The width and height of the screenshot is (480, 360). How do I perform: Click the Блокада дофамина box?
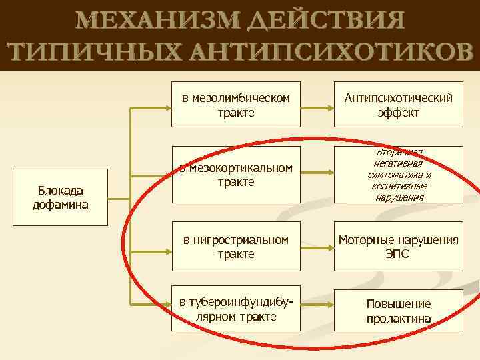click(x=61, y=198)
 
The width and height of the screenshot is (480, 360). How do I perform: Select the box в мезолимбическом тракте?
click(x=236, y=105)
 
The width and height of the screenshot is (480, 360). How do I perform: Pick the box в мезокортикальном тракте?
click(x=236, y=175)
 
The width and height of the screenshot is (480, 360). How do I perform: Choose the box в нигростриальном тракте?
click(x=236, y=247)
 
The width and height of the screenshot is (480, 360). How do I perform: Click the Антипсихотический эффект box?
click(x=399, y=105)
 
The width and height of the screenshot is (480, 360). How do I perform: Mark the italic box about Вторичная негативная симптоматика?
click(x=399, y=175)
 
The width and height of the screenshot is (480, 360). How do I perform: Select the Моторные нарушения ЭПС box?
click(x=399, y=247)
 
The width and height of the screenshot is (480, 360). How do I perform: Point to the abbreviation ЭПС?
click(x=398, y=255)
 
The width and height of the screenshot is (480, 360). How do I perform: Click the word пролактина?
click(x=399, y=319)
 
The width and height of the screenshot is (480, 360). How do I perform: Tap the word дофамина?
click(x=61, y=205)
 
